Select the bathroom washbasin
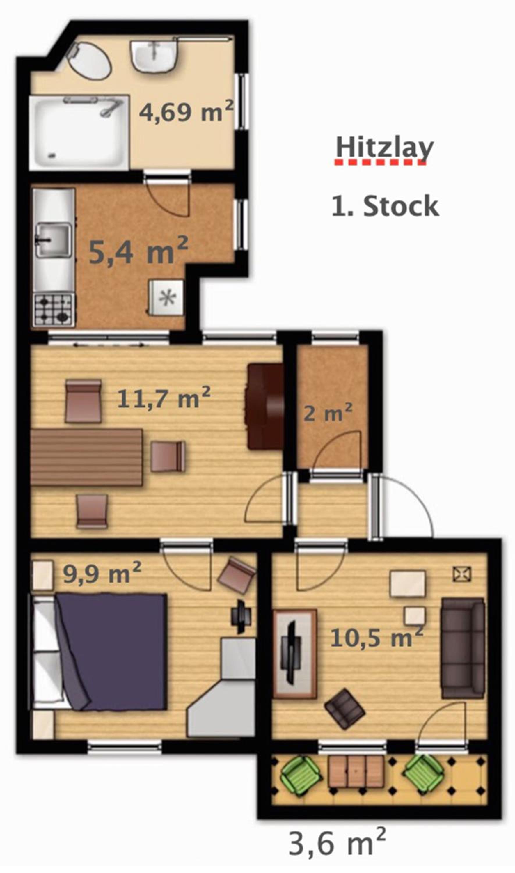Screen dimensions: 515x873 (153, 56)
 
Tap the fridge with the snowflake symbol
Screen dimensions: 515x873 (166, 297)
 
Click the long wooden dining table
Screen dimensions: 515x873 (86, 457)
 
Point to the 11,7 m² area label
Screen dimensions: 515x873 (164, 397)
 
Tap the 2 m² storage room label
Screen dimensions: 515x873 (328, 412)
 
